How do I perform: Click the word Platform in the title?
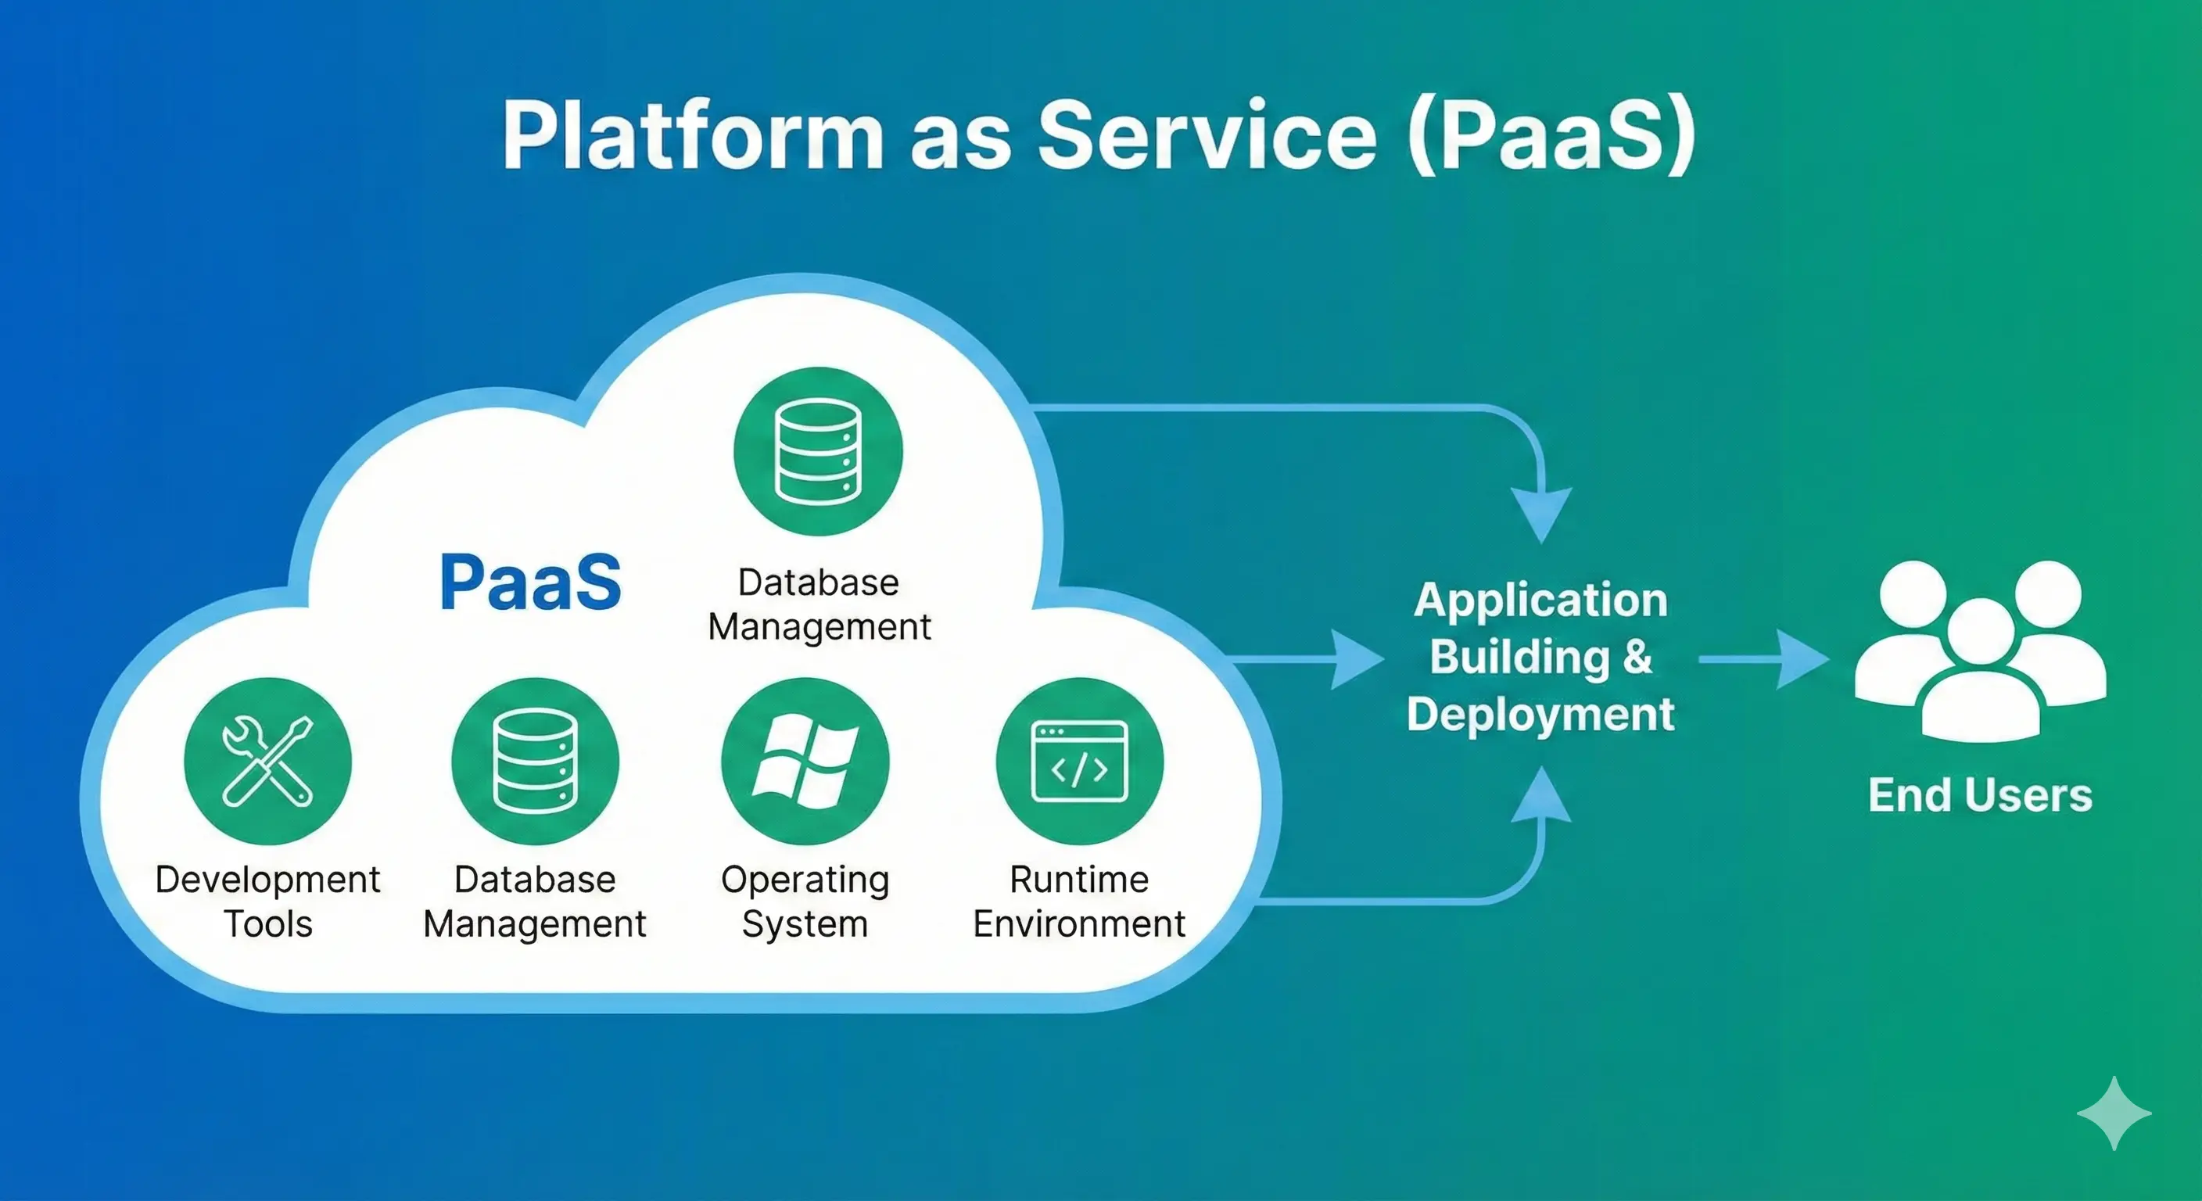[x=692, y=137]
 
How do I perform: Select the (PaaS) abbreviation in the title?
[x=1551, y=137]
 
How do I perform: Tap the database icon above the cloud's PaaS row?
[x=818, y=451]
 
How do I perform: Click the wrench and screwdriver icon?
[x=267, y=761]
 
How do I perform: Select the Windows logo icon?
[x=805, y=761]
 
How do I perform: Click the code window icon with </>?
[x=1080, y=761]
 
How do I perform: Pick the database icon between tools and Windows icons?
[x=535, y=761]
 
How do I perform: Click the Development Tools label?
[x=267, y=901]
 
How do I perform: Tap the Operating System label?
[x=805, y=901]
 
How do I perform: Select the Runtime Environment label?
[x=1079, y=901]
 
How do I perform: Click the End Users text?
[x=1980, y=795]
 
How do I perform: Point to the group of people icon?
[x=1980, y=654]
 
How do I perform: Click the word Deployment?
[x=1540, y=714]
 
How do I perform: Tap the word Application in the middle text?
[x=1540, y=600]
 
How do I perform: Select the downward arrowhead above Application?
[x=1540, y=513]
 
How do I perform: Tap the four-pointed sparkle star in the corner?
[x=2113, y=1113]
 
